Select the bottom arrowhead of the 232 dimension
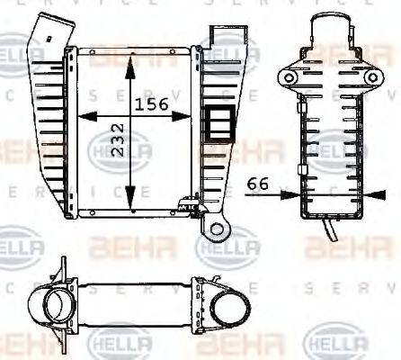pos(131,203)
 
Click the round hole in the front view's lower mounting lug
pos(216,229)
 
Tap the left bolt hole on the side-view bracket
pos(289,79)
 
